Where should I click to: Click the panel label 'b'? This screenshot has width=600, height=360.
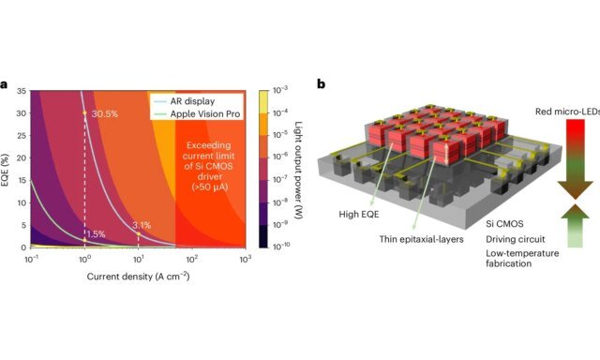[x=322, y=84]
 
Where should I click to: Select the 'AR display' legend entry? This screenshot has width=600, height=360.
[x=193, y=98]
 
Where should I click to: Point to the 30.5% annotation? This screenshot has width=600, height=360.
[x=104, y=113]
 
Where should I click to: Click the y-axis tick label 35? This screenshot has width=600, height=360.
[x=22, y=91]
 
